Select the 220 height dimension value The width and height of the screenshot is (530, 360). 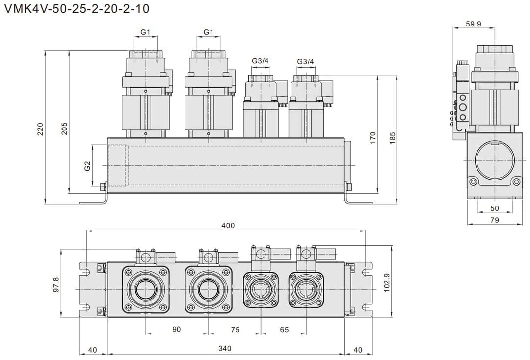click(41, 129)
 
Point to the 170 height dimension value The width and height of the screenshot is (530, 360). click(372, 137)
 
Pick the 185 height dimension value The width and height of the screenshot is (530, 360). click(392, 137)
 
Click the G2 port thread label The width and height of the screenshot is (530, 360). click(87, 166)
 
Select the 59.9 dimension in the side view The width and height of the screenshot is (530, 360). click(474, 24)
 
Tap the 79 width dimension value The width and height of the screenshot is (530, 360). click(494, 220)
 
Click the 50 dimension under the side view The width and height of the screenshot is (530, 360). click(494, 208)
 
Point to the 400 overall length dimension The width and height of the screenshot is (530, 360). click(228, 226)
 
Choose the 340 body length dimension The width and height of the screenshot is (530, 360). click(226, 349)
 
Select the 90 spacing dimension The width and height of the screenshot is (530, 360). click(177, 330)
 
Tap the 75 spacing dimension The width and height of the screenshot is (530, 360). click(235, 330)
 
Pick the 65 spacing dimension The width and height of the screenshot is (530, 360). click(284, 330)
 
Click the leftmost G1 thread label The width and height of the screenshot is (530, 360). click(145, 32)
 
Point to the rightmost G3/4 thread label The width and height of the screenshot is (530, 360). click(305, 61)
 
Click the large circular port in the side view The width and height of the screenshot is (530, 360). click(494, 159)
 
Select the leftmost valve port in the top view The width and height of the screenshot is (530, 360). click(145, 290)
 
